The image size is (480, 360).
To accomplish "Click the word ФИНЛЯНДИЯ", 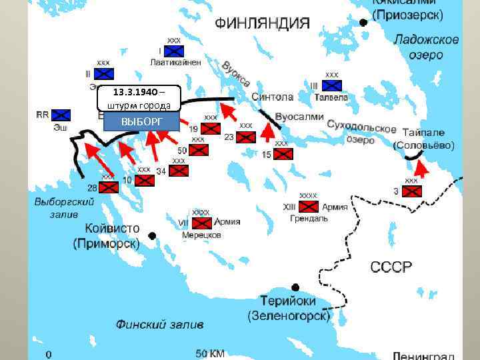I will (262, 23).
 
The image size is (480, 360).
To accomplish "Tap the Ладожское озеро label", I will (425, 47).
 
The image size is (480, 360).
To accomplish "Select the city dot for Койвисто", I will (153, 235).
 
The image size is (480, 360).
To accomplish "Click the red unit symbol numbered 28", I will (108, 188).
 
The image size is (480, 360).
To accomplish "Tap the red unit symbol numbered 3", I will (413, 191).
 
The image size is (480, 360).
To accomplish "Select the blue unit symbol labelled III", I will (331, 85).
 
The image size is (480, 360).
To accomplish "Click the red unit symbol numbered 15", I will (283, 154).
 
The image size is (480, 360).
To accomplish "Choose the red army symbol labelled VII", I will (200, 223).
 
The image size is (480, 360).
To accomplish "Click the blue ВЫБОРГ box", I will (141, 121).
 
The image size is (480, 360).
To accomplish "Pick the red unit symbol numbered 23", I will (246, 137).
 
